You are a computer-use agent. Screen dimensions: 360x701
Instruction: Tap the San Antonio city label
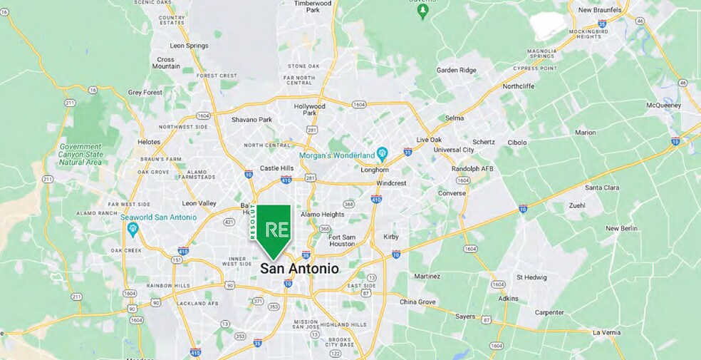(299, 269)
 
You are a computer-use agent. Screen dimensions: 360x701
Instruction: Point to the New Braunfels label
(599, 10)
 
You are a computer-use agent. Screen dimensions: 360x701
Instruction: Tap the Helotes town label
(149, 142)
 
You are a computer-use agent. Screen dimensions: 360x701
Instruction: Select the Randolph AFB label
(472, 169)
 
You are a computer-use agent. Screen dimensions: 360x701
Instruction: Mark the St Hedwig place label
(531, 277)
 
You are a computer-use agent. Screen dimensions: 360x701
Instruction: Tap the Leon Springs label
(188, 46)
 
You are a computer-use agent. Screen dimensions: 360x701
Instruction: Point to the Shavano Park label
(251, 120)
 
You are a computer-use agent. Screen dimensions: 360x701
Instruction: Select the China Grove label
(417, 302)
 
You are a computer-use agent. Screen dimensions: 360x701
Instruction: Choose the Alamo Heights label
(322, 214)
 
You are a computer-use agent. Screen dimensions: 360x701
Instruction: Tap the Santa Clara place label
(602, 187)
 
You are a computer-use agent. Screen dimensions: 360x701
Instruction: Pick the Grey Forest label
(145, 92)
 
